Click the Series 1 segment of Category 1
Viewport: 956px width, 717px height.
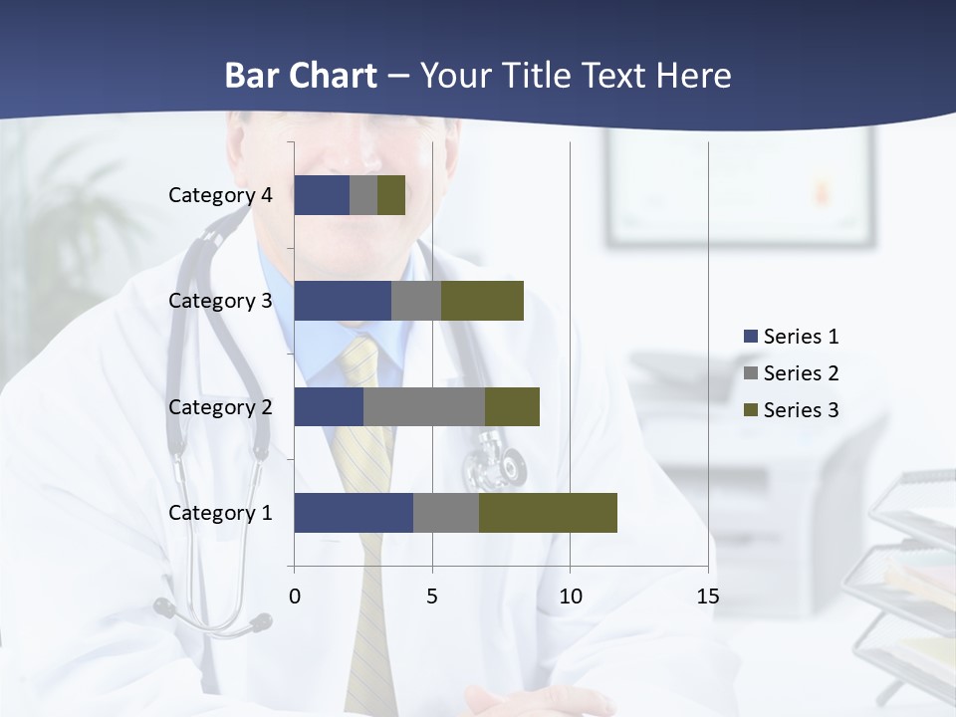tap(354, 512)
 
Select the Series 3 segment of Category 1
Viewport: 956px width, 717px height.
tap(548, 512)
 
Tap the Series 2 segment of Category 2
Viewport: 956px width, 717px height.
tap(424, 406)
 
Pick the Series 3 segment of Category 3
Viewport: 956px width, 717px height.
tap(482, 301)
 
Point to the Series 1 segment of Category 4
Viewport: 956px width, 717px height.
tap(322, 195)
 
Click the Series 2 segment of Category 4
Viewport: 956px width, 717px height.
tap(363, 195)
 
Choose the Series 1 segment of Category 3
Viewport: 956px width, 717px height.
tap(343, 301)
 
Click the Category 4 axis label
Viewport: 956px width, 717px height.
tap(220, 195)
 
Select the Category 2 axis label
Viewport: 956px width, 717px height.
tap(220, 406)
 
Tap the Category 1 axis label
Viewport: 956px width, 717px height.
tap(220, 513)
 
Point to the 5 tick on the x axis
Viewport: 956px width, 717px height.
tap(432, 597)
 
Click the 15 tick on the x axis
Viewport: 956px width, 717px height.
tap(707, 597)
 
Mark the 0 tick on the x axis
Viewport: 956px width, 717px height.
tap(295, 597)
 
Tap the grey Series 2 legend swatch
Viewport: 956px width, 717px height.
tap(750, 373)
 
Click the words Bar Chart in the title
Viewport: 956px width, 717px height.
tap(301, 76)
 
